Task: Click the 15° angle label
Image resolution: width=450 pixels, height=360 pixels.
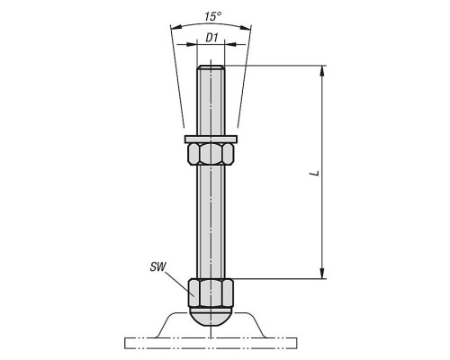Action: [x=213, y=16]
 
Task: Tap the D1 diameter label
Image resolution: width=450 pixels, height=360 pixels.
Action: [x=211, y=38]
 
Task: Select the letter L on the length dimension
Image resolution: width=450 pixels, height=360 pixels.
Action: [x=315, y=173]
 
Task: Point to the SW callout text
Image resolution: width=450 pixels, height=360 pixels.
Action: [x=157, y=266]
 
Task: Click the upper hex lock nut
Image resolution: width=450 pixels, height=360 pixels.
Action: [x=211, y=154]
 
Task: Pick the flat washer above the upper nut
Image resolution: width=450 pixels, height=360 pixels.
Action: [x=211, y=139]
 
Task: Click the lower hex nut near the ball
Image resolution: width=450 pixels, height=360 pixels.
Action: [x=211, y=292]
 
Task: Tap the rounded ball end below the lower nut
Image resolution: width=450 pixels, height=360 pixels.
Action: [x=211, y=318]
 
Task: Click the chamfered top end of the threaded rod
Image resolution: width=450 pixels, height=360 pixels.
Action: [x=211, y=67]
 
